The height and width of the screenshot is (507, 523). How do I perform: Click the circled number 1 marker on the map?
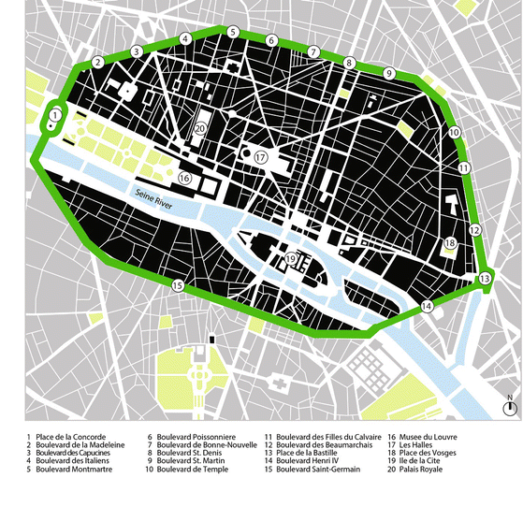pos(55,114)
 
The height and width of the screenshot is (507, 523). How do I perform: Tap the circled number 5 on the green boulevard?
pos(232,32)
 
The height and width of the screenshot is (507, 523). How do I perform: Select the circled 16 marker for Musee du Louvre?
pos(184,178)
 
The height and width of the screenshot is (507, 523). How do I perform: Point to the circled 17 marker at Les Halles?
pos(260,157)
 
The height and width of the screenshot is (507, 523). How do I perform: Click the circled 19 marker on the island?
pos(292,259)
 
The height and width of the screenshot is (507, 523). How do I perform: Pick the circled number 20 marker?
pos(200,128)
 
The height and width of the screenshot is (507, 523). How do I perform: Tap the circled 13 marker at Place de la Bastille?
pos(484,279)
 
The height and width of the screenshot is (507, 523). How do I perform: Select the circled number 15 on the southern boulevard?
pos(177,285)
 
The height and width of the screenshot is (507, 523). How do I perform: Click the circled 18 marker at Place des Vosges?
pos(450,244)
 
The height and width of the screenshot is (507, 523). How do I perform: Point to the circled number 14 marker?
pos(427,306)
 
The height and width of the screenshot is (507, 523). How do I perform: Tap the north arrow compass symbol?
pos(509,407)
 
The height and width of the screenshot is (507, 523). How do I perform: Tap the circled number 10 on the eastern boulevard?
pos(454,134)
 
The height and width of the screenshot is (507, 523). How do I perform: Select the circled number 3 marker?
pos(137,51)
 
